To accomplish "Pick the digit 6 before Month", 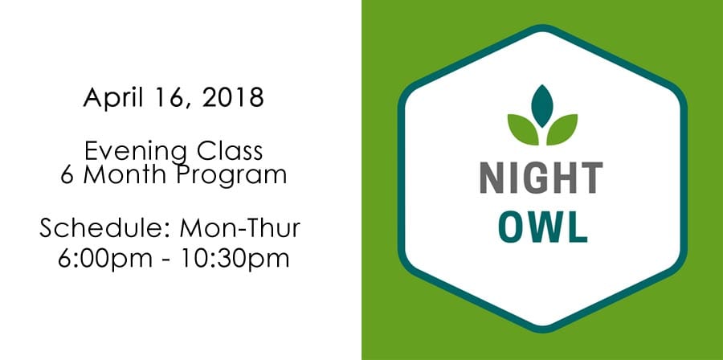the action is tap(67, 174).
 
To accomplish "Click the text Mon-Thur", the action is tap(239, 227).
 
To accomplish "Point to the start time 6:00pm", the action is tap(105, 259).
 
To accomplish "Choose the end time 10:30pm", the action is tap(235, 259).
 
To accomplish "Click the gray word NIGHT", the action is tap(541, 178).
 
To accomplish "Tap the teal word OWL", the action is tap(543, 227).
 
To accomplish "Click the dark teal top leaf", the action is tap(542, 105).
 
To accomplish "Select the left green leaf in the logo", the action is tap(523, 129).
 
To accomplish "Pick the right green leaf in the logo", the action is tap(562, 129).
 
